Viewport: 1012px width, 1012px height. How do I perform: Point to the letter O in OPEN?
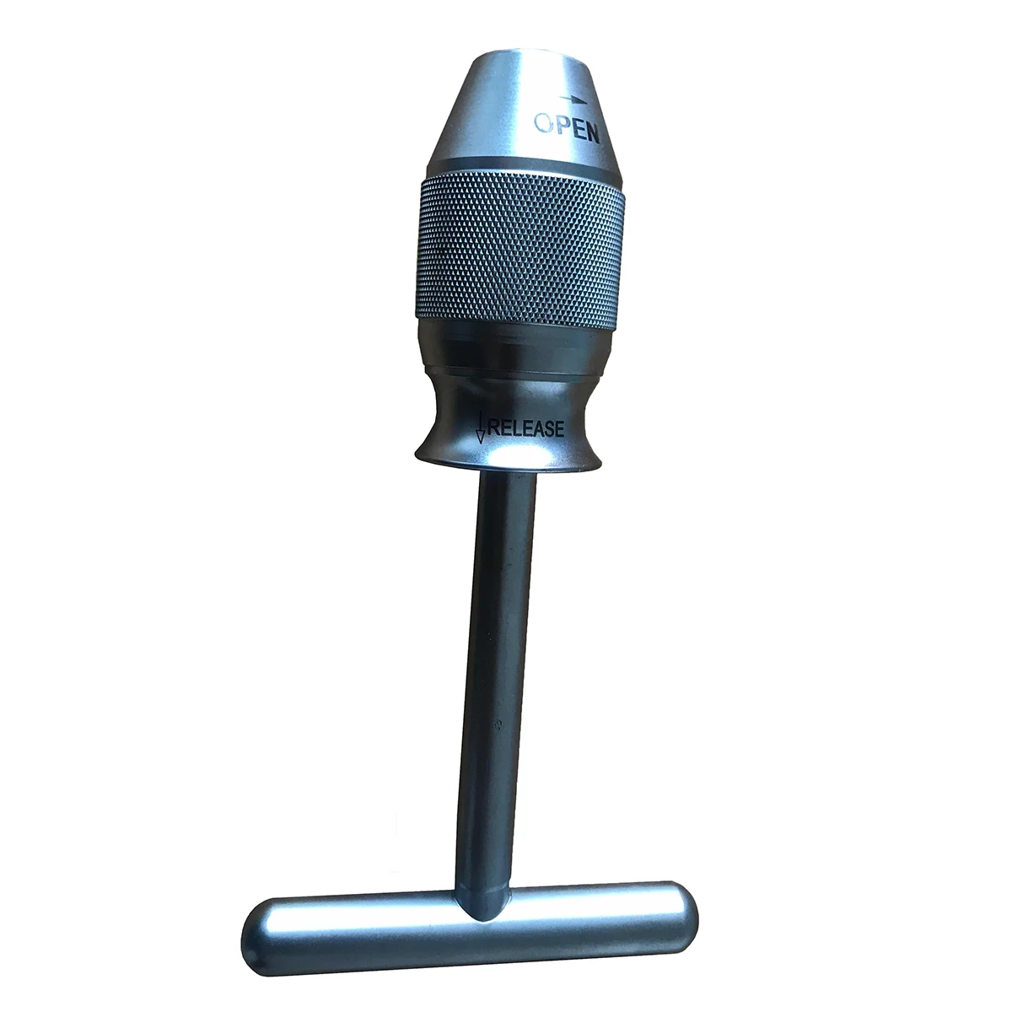click(x=544, y=124)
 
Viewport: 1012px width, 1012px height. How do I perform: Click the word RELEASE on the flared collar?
click(x=525, y=428)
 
